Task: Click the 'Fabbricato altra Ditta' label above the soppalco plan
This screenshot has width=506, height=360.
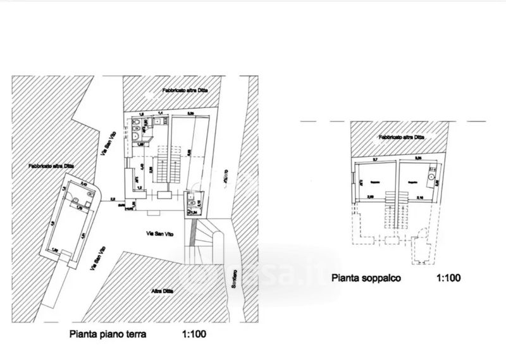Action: (401, 137)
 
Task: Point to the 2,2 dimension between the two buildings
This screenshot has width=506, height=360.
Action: (113, 199)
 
